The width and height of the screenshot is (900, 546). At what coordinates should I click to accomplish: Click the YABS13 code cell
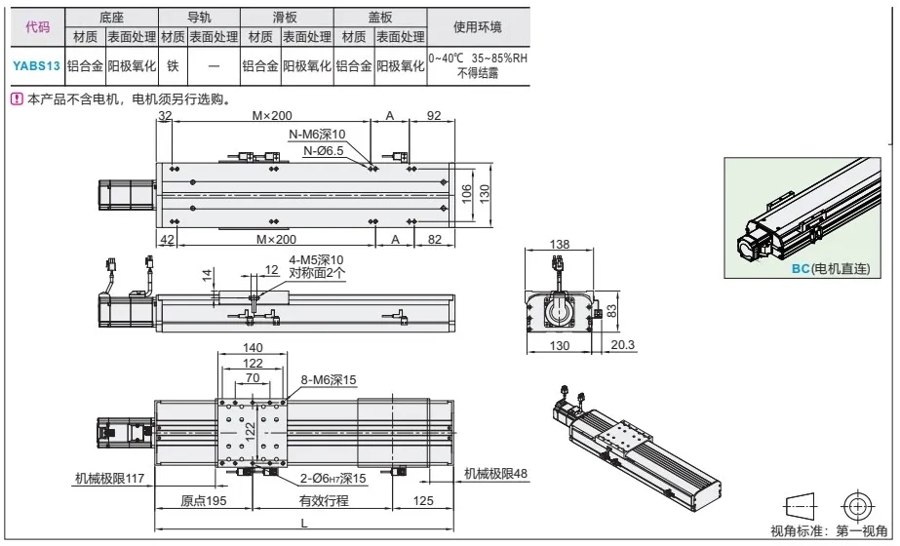point(37,66)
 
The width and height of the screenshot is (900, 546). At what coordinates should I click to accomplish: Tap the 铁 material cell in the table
point(173,66)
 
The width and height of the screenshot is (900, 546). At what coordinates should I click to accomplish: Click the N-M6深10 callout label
point(317,135)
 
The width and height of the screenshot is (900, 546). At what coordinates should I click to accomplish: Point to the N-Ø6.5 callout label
point(324,151)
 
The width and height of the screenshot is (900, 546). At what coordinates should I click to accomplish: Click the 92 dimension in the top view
point(434,116)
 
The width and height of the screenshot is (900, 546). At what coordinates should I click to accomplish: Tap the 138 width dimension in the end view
point(560,244)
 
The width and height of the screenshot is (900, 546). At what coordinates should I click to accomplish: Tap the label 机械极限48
point(495,474)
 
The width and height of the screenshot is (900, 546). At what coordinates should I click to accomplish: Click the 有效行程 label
point(323,501)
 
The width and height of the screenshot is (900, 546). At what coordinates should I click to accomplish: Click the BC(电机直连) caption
point(829,268)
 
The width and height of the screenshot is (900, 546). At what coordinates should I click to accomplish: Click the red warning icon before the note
point(16,99)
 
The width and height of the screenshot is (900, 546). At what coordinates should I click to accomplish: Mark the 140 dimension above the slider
point(253,348)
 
